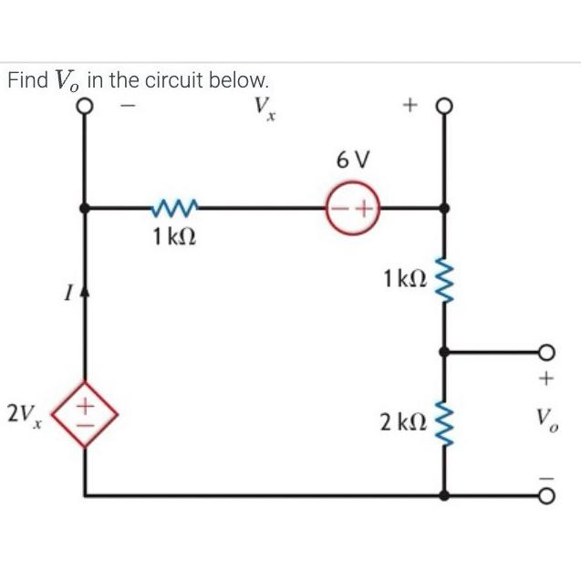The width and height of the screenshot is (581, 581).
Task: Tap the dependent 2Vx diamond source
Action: pyautogui.click(x=86, y=414)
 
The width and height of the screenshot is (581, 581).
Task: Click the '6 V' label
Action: pyautogui.click(x=353, y=162)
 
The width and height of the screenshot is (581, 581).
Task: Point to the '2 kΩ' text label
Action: pyautogui.click(x=401, y=421)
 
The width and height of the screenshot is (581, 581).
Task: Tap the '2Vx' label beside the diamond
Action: pyautogui.click(x=22, y=415)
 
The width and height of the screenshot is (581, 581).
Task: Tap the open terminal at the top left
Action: pyautogui.click(x=85, y=107)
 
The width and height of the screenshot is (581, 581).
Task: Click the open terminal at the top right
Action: pyautogui.click(x=444, y=107)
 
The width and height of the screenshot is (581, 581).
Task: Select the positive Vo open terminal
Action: pyautogui.click(x=546, y=351)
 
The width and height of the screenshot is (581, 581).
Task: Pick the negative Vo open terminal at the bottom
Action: pyautogui.click(x=546, y=495)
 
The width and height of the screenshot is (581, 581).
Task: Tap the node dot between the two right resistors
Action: pyautogui.click(x=445, y=351)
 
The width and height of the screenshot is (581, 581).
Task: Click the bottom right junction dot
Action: pyautogui.click(x=445, y=495)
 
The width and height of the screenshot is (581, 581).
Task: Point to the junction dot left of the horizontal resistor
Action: pyautogui.click(x=85, y=209)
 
